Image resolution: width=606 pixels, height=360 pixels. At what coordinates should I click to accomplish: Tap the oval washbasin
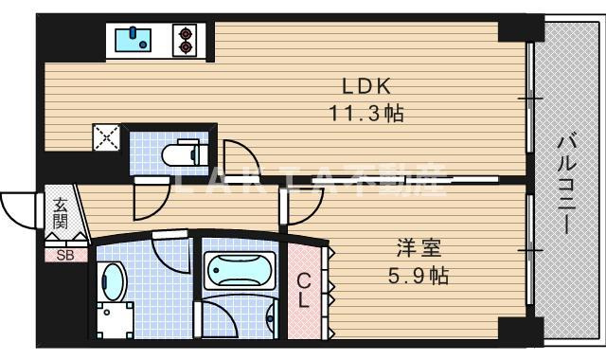112,281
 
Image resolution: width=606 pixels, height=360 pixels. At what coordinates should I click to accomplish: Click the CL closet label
304,291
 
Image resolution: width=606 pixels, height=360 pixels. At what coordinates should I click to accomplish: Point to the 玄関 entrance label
60,214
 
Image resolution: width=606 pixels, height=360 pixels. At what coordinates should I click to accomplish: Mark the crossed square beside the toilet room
107,138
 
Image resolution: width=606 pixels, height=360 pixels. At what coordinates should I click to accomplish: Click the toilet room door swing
147,196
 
